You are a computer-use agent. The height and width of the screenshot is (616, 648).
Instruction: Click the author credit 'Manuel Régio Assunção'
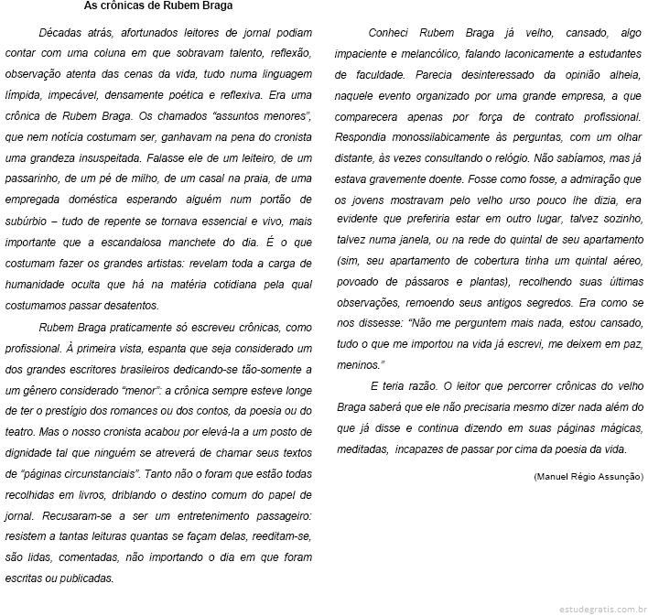pos(588,476)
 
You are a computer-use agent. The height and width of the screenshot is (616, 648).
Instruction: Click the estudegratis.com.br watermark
pos(603,608)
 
